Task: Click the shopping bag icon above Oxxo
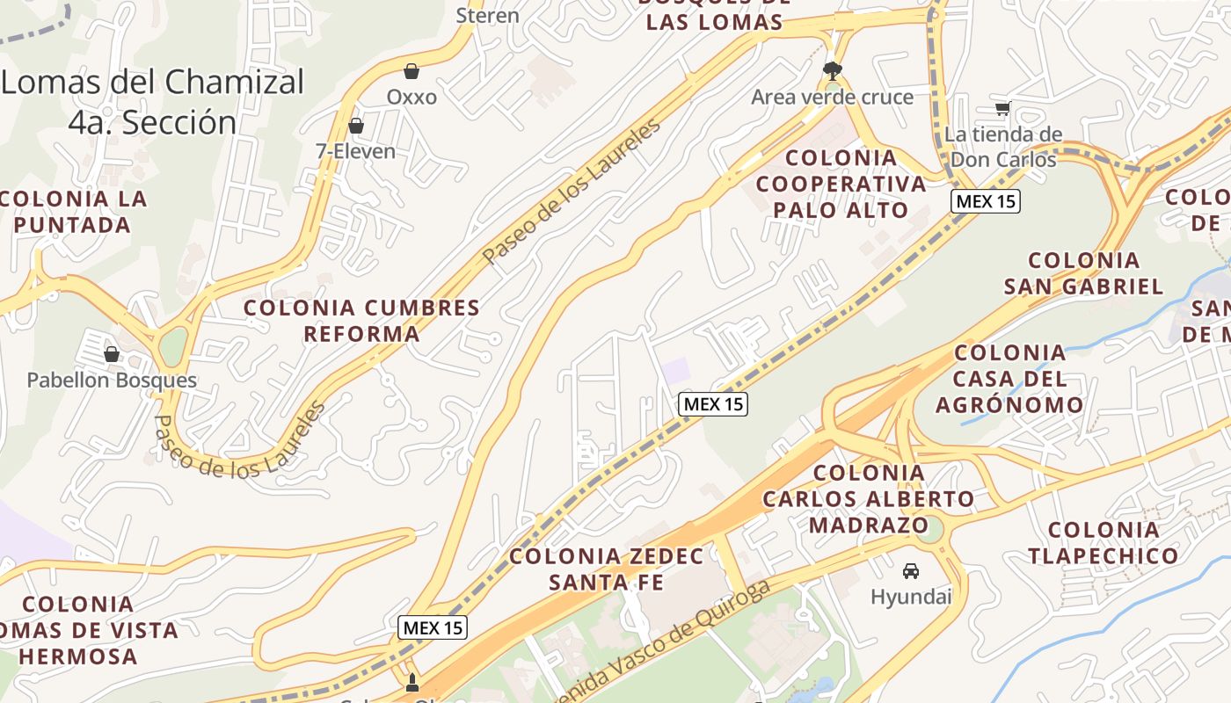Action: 411,71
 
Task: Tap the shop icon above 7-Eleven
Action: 356,127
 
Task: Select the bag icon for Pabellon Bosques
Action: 112,354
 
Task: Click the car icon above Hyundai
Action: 911,571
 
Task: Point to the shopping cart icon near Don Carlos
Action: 1002,108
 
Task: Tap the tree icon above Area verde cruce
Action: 831,70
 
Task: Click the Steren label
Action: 487,15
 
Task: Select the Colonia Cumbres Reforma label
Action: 361,321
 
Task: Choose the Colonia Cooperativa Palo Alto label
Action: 841,184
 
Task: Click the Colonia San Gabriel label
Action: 1083,273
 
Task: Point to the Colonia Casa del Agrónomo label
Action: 1009,379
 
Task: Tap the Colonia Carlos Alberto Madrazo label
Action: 869,499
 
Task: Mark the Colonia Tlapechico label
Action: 1104,542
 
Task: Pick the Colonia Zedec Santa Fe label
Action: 607,569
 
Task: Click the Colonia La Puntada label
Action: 73,211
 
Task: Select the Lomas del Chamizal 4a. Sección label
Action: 152,102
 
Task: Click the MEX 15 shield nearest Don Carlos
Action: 985,201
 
